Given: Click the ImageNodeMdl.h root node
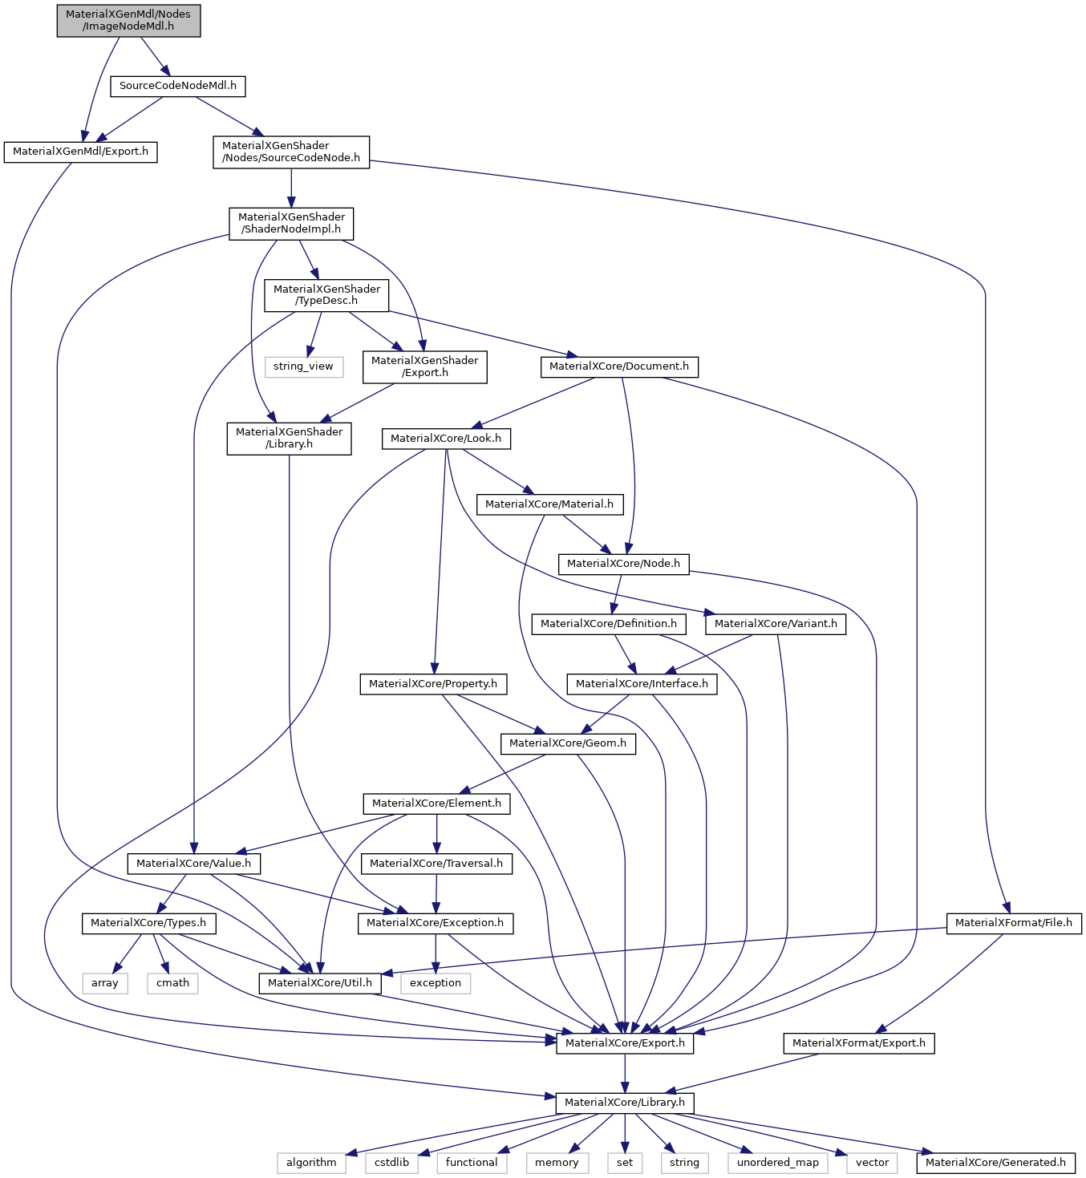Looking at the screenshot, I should point(128,20).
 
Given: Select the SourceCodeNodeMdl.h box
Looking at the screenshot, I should point(177,86).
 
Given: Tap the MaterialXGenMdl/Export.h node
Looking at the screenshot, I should point(80,152).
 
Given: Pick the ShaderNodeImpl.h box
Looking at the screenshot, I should point(291,223).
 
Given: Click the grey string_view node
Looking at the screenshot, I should point(303,366).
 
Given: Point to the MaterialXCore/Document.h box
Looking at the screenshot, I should point(618,366).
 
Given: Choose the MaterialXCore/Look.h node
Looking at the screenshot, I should point(445,439).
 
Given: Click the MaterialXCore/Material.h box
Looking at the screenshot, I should point(549,504).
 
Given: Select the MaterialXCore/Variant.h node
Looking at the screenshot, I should point(776,624).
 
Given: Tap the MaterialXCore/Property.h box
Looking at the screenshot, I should point(433,684).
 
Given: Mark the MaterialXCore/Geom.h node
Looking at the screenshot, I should point(568,743).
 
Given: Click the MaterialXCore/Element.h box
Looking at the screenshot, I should point(436,804).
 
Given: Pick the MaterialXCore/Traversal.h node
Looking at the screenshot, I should point(436,864).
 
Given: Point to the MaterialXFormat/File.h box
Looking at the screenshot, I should point(1014,923).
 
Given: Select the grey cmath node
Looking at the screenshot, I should point(172,983).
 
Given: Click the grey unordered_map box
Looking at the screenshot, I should point(778,1163).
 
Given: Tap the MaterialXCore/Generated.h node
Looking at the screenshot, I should point(995,1163).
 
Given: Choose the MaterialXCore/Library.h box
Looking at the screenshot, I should point(625,1103).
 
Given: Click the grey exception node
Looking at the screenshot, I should point(436,983).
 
